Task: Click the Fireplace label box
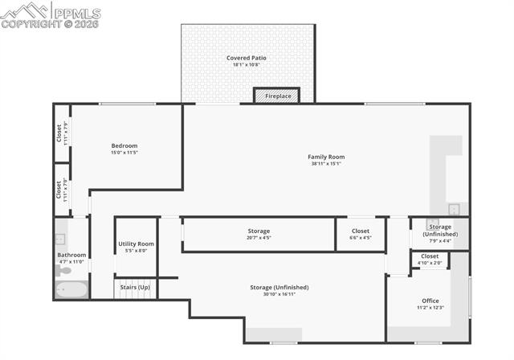coord(277,96)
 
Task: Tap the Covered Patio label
coord(246,58)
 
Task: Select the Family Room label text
coord(326,157)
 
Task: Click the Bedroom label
coord(124,145)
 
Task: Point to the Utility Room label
coord(136,243)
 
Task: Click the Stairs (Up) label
coord(135,287)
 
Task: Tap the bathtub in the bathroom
coord(71,289)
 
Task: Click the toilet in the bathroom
coord(63,271)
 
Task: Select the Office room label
coord(430,301)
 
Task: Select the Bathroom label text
coord(71,255)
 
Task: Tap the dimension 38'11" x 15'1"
coord(326,164)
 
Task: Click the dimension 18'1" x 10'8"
coord(246,65)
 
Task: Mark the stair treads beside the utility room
coord(135,294)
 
